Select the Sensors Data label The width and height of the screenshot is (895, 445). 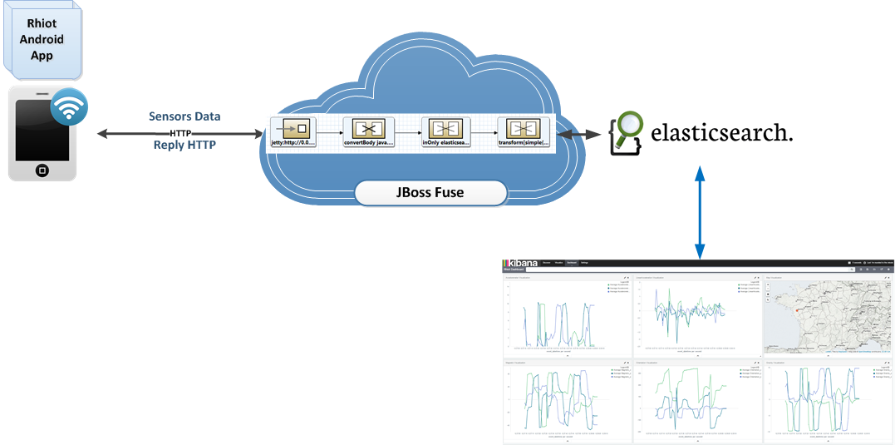pos(184,116)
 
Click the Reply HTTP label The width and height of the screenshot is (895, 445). pos(184,145)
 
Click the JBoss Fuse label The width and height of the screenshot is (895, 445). pos(430,193)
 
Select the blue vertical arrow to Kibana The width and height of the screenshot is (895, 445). pos(700,211)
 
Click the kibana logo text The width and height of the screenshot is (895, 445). pos(523,262)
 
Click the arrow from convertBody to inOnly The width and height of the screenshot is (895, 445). pos(406,131)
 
